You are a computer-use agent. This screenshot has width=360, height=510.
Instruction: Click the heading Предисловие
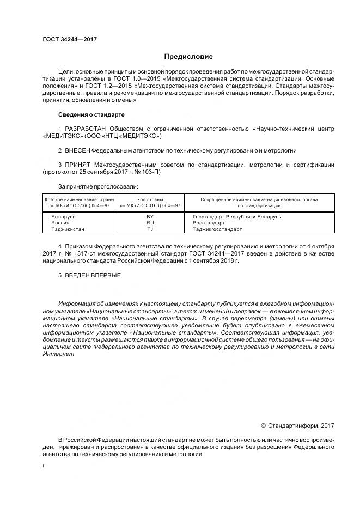[x=188, y=57]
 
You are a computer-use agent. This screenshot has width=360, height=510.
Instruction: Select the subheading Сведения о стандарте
[x=91, y=115]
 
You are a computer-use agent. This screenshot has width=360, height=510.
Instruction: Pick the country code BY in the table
[x=150, y=217]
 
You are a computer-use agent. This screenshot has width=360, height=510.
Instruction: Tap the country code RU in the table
[x=150, y=223]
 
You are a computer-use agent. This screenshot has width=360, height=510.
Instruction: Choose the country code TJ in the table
[x=150, y=229]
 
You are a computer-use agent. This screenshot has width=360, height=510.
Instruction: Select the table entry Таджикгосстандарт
[x=217, y=229]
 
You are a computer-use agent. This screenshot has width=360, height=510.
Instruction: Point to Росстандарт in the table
[x=209, y=223]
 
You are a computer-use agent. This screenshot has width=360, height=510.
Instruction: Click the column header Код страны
[x=150, y=199]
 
